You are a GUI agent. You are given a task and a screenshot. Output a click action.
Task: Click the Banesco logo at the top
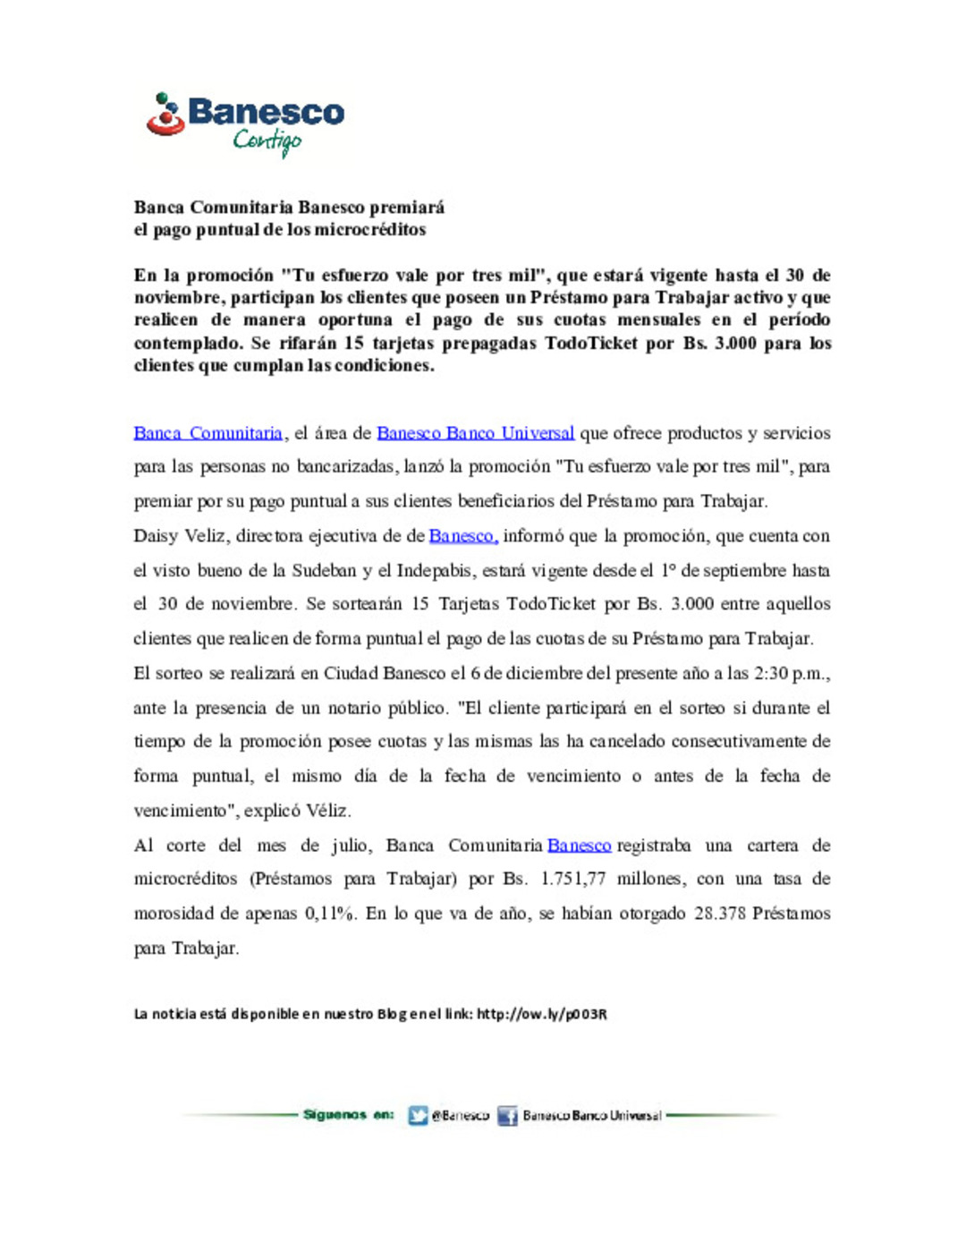[x=246, y=114]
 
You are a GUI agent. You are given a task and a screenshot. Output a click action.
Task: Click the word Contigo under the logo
[x=267, y=141]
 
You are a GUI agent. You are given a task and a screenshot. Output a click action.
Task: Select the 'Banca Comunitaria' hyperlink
[x=208, y=433]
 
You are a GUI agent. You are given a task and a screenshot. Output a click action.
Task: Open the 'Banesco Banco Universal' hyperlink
[x=475, y=433]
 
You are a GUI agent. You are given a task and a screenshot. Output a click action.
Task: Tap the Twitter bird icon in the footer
[x=418, y=1115]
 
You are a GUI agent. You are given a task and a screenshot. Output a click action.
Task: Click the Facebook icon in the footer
[x=507, y=1115]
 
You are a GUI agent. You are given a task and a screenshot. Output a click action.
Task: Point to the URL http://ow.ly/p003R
[x=541, y=1014]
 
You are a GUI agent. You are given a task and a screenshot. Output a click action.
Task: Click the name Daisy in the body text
[x=156, y=536]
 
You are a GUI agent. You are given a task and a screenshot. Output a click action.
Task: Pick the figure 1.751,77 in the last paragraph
[x=572, y=879]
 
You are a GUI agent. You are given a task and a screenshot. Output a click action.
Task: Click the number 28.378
[x=719, y=914]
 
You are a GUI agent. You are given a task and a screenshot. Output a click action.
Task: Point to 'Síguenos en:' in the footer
[x=348, y=1115]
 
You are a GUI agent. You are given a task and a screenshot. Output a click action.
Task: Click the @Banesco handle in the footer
[x=460, y=1115]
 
